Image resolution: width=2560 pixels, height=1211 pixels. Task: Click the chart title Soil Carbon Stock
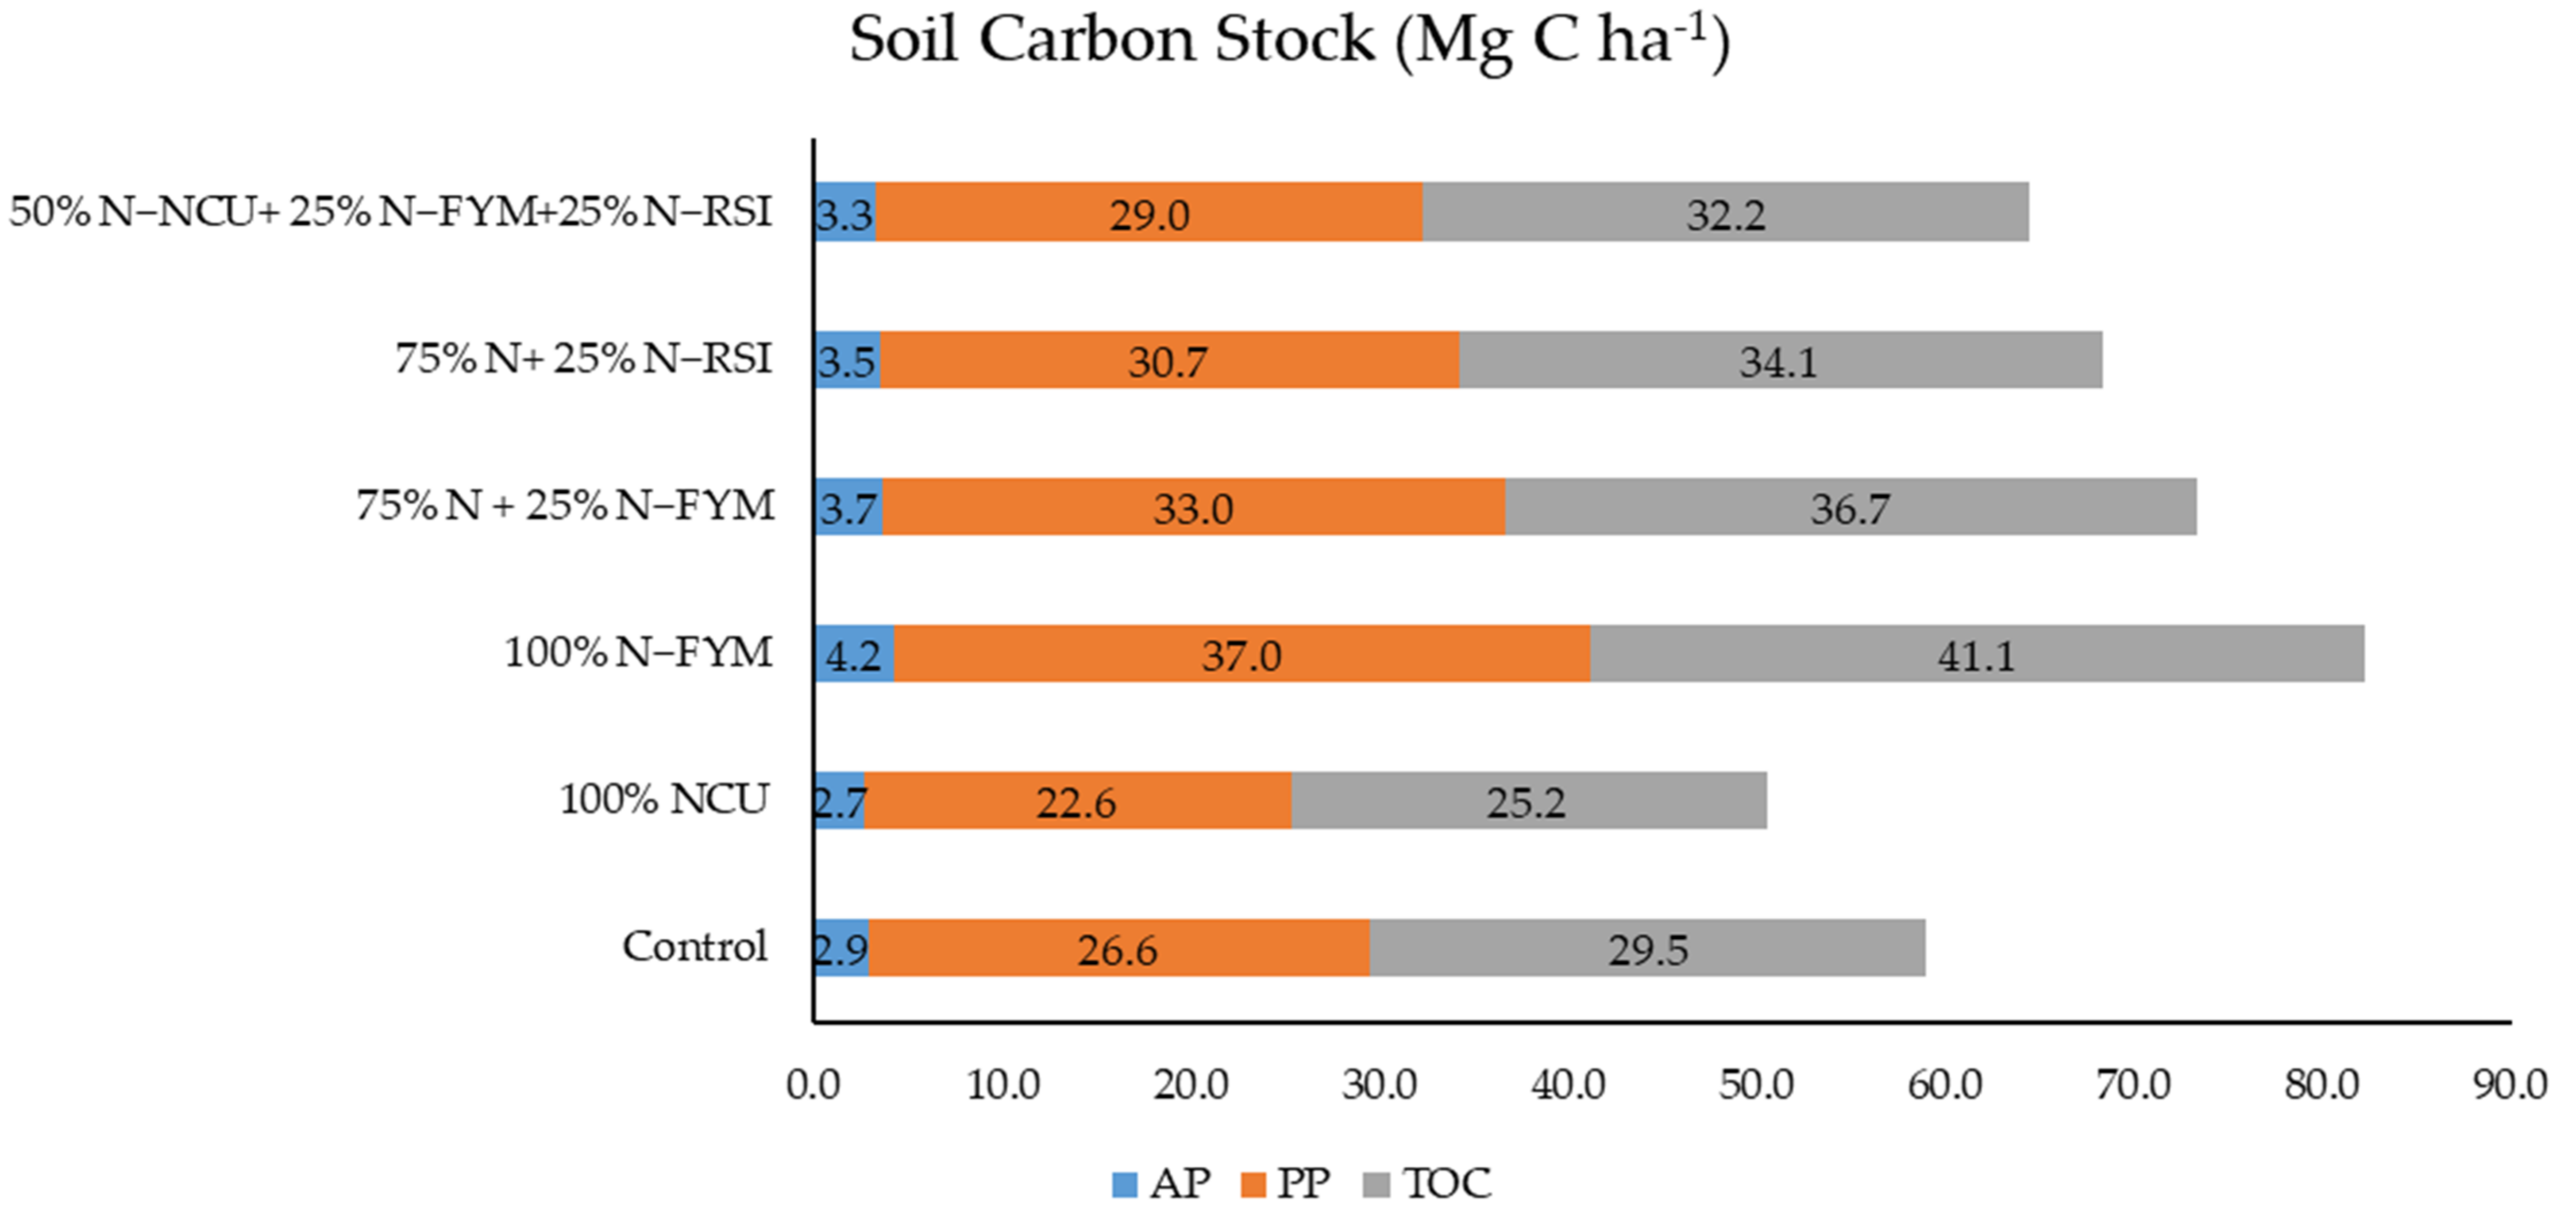point(1289,42)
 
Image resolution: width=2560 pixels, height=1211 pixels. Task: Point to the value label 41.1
point(1976,655)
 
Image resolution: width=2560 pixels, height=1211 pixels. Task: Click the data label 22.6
point(1075,803)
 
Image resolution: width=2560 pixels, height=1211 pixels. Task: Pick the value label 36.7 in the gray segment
point(1849,508)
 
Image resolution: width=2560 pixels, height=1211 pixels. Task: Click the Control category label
point(695,947)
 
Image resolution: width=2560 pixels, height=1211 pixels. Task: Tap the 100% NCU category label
point(664,800)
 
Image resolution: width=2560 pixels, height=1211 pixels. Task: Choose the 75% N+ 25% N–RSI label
point(583,358)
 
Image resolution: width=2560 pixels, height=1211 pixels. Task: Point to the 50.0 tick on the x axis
point(1756,1085)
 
